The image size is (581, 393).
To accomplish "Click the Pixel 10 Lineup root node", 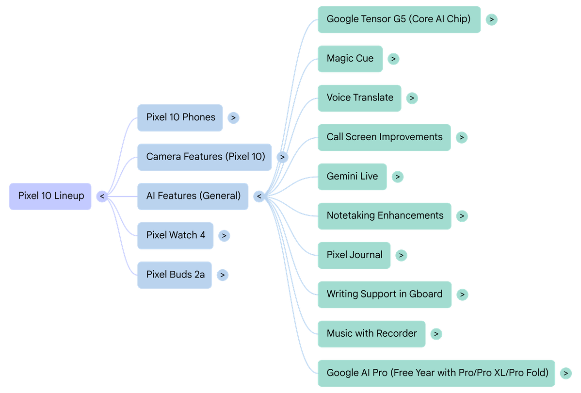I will [x=50, y=196].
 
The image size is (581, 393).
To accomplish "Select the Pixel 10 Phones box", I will [x=180, y=118].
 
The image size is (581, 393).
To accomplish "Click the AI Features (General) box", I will [x=193, y=196].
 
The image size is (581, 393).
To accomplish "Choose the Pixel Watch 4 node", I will [x=175, y=235].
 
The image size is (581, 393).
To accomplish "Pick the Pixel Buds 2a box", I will [x=174, y=275].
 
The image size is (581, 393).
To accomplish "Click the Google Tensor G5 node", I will [x=399, y=19].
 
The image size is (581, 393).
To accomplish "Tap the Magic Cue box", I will [x=350, y=59].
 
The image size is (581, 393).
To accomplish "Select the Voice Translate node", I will [x=359, y=98].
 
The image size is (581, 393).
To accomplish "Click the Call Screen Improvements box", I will [x=384, y=137].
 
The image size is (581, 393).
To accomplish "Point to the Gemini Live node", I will [x=352, y=177].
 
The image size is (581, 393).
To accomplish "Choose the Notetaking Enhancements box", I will [x=384, y=216].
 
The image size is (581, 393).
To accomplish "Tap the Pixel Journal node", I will [x=354, y=255].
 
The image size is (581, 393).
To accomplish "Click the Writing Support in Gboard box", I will [x=384, y=294].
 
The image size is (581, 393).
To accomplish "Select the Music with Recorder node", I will [x=371, y=334].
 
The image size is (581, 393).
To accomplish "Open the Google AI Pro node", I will [x=436, y=373].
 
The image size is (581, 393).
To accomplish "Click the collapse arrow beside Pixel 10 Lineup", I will [x=102, y=196].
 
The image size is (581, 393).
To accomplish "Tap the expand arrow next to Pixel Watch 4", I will [x=224, y=236].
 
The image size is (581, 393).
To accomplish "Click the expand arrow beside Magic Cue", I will [x=393, y=59].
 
